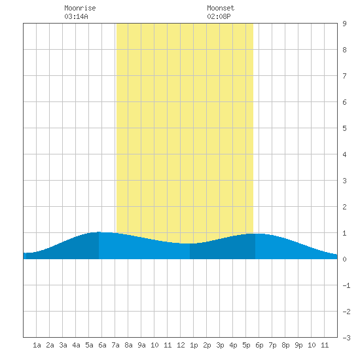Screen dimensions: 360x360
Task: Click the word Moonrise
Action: [x=80, y=8]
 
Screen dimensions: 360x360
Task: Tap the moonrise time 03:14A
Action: [x=76, y=16]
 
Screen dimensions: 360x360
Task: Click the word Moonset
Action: [x=221, y=8]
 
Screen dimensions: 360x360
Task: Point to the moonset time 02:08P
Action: [x=219, y=16]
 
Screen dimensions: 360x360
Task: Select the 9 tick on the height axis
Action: [x=344, y=24]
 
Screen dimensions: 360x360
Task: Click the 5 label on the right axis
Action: [x=344, y=128]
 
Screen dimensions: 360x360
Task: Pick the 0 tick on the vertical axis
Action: [x=344, y=259]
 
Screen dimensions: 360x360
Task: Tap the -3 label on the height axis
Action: [x=346, y=338]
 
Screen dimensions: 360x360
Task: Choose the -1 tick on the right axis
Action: [x=346, y=285]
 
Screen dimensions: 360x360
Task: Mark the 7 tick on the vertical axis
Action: [x=344, y=76]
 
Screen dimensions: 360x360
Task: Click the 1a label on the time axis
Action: [x=37, y=345]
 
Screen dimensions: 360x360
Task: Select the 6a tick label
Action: [x=102, y=345]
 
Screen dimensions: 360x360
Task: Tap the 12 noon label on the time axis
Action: [x=181, y=345]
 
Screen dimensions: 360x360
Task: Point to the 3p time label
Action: [x=220, y=345]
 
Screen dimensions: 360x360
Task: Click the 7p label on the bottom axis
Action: [x=272, y=345]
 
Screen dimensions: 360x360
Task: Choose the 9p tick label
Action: [x=298, y=345]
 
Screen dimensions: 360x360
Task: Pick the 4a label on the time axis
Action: [x=76, y=345]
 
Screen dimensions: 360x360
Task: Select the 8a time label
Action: [x=128, y=345]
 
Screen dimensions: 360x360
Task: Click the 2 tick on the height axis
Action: [x=344, y=207]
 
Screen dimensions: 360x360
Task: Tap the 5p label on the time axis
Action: [x=246, y=345]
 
